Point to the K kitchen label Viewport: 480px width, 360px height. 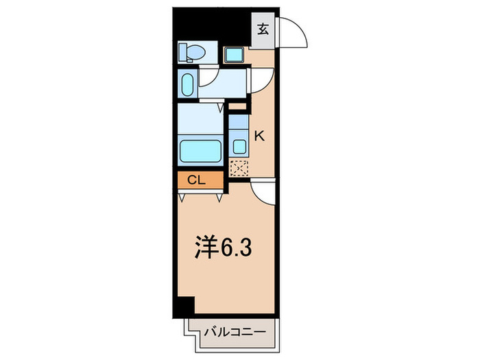pyautogui.click(x=259, y=136)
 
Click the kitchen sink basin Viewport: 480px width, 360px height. pyautogui.click(x=238, y=145)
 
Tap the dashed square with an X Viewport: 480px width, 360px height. pyautogui.click(x=238, y=167)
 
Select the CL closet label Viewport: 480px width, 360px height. pyautogui.click(x=197, y=180)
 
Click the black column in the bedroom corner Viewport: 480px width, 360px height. pyautogui.click(x=185, y=305)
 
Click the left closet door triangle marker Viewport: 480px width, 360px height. pyautogui.click(x=182, y=197)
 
